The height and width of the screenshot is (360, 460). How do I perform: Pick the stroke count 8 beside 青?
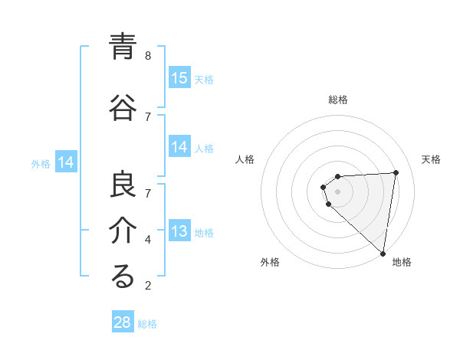pyautogui.click(x=148, y=55)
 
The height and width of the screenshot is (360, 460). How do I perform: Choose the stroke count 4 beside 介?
pyautogui.click(x=148, y=239)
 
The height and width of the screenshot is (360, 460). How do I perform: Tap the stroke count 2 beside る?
pyautogui.click(x=148, y=286)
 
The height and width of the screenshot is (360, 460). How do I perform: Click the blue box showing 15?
pyautogui.click(x=179, y=77)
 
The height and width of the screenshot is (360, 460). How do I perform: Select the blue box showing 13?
pyautogui.click(x=179, y=231)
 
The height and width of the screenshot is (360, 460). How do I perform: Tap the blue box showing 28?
pyautogui.click(x=123, y=322)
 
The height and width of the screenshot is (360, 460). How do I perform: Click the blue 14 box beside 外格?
pyautogui.click(x=66, y=162)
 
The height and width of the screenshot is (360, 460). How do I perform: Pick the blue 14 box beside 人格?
pyautogui.click(x=179, y=147)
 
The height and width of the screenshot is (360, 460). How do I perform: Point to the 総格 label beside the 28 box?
pyautogui.click(x=147, y=324)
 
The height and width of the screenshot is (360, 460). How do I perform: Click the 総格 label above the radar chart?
pyautogui.click(x=337, y=100)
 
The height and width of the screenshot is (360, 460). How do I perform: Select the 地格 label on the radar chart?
pyautogui.click(x=402, y=263)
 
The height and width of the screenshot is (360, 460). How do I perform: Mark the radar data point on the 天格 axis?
pyautogui.click(x=396, y=172)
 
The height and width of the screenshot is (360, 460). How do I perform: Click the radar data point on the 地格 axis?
pyautogui.click(x=383, y=254)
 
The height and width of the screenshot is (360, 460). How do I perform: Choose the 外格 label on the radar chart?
pyautogui.click(x=270, y=263)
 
